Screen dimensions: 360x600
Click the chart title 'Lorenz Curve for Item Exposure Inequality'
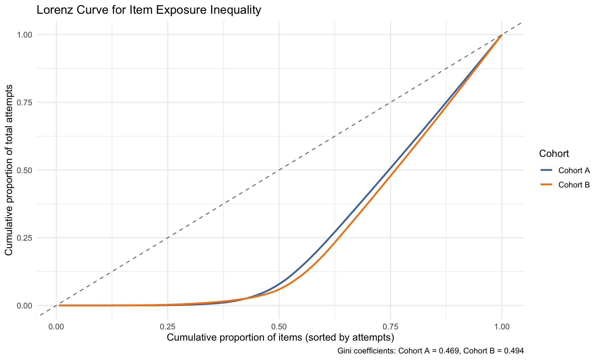pyautogui.click(x=149, y=10)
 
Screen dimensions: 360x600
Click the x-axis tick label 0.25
pyautogui.click(x=167, y=327)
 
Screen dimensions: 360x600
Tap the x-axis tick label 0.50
pyautogui.click(x=279, y=327)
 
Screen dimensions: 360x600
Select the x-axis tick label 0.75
pyautogui.click(x=391, y=327)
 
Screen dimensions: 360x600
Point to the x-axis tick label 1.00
pyautogui.click(x=502, y=327)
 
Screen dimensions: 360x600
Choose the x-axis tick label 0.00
pyautogui.click(x=56, y=327)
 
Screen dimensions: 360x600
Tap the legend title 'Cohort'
pyautogui.click(x=554, y=154)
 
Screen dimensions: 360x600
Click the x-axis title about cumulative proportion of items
pyautogui.click(x=280, y=338)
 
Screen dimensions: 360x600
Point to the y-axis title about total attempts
pyautogui.click(x=9, y=170)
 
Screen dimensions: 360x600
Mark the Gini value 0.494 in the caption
pyautogui.click(x=514, y=351)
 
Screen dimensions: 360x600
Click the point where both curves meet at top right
pyautogui.click(x=502, y=35)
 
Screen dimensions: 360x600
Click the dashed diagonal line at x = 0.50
pyautogui.click(x=279, y=170)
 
